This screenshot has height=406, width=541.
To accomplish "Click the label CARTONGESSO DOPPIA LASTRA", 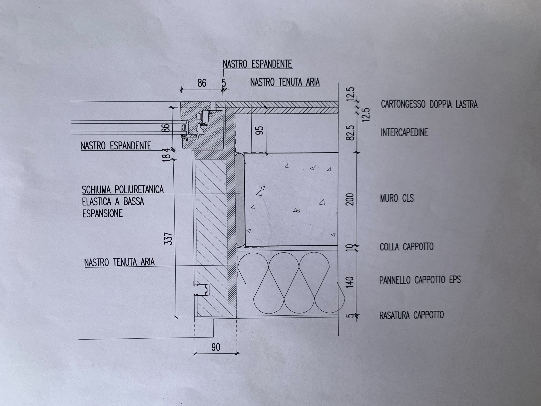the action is pyautogui.click(x=429, y=104).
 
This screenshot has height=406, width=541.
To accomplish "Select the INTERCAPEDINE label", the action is pyautogui.click(x=404, y=133).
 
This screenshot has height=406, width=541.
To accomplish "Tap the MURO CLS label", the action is pyautogui.click(x=397, y=198).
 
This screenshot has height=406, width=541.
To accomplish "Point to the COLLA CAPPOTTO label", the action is pyautogui.click(x=407, y=247).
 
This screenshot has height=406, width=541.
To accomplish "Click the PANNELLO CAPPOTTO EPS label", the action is pyautogui.click(x=420, y=280).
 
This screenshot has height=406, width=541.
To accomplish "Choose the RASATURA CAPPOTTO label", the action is pyautogui.click(x=411, y=315).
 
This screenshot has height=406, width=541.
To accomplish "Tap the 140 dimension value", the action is pyautogui.click(x=350, y=282).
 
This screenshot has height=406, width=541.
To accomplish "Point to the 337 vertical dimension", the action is pyautogui.click(x=169, y=238).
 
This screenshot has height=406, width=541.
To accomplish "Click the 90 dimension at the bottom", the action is pyautogui.click(x=216, y=347).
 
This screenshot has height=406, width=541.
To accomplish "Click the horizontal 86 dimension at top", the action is pyautogui.click(x=202, y=83).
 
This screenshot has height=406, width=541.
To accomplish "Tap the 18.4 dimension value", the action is pyautogui.click(x=167, y=154).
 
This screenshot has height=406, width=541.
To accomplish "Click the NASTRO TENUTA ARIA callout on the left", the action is pyautogui.click(x=119, y=262).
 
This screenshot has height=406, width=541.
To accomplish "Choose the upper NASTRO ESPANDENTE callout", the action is pyautogui.click(x=258, y=64).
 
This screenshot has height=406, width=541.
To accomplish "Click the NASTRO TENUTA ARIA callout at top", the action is pyautogui.click(x=285, y=82).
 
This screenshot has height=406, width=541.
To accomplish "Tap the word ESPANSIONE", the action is pyautogui.click(x=103, y=213).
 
